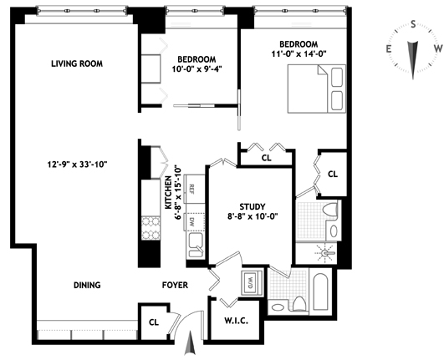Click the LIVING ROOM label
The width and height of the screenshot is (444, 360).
[x=77, y=63]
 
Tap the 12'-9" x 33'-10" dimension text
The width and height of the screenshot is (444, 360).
[x=77, y=165]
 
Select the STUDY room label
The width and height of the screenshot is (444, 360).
[x=253, y=206]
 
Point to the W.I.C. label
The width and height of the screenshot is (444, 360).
[x=237, y=321]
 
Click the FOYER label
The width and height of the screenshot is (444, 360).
[x=175, y=285]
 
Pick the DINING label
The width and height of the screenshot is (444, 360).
[x=87, y=285]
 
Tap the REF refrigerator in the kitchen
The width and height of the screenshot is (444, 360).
[x=194, y=189]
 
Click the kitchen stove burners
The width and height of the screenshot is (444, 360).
[x=151, y=228]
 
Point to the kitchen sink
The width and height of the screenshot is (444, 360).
[x=196, y=245]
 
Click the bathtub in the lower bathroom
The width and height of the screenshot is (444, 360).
[x=321, y=292]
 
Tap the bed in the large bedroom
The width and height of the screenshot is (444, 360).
[x=317, y=89]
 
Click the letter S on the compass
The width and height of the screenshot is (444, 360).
[x=413, y=24]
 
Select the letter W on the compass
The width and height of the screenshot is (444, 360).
[x=438, y=48]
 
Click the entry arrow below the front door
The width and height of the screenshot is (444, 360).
[x=190, y=342]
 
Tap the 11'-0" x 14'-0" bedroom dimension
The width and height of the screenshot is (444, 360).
[x=299, y=53]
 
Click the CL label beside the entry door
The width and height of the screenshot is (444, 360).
[x=154, y=322]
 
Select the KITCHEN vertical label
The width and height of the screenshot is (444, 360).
[x=168, y=193]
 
